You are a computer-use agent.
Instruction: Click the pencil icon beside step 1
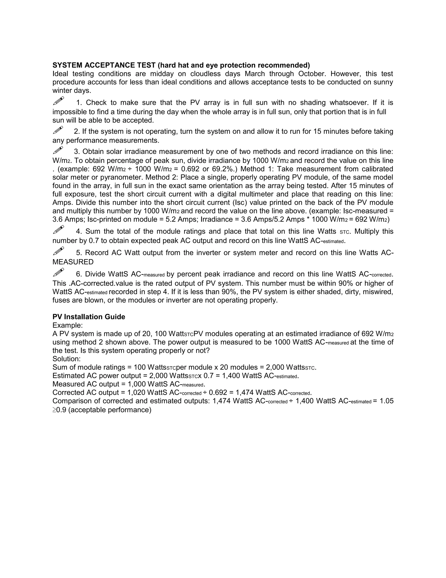pyautogui.click(x=58, y=101)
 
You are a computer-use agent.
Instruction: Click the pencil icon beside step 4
pyautogui.click(x=58, y=229)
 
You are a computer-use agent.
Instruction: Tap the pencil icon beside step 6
pyautogui.click(x=58, y=272)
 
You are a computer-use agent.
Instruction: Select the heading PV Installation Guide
pyautogui.click(x=89, y=317)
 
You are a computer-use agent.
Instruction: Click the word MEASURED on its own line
pyautogui.click(x=73, y=262)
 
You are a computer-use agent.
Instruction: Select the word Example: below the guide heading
pyautogui.click(x=68, y=325)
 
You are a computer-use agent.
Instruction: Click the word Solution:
pyautogui.click(x=67, y=359)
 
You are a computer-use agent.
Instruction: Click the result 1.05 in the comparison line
pyautogui.click(x=387, y=401)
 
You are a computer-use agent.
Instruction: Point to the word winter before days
pyautogui.click(x=62, y=91)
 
